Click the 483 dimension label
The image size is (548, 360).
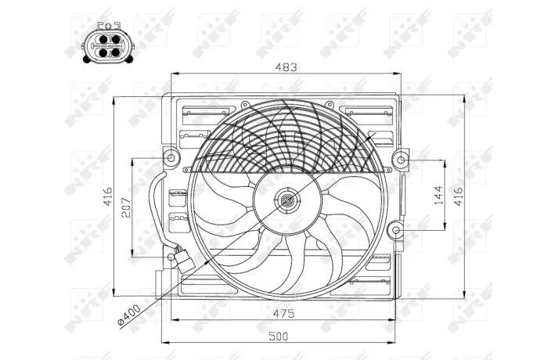coord(286,67)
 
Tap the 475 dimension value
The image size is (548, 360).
coord(283,313)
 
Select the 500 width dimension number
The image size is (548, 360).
coord(279,337)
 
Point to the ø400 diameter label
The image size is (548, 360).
coord(129,315)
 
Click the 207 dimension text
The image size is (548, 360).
coord(126,207)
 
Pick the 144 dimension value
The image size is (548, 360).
coord(438,195)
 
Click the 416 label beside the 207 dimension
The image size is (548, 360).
coord(108,196)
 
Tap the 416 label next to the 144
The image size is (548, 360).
coord(458,196)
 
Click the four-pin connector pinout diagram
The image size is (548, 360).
coord(108,42)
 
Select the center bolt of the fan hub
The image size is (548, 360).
coord(287,200)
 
